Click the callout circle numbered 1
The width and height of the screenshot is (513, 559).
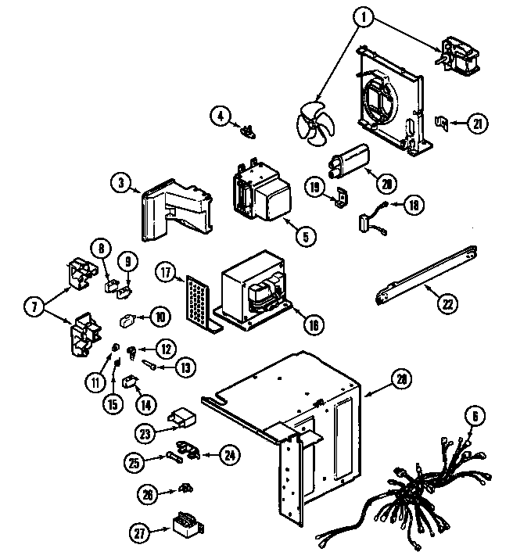point(362,15)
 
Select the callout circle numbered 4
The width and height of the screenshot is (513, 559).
point(221,116)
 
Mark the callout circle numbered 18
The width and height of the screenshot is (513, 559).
point(412,206)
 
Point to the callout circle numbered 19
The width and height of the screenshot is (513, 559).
point(314,188)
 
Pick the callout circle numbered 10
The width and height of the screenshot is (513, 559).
point(160,317)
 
